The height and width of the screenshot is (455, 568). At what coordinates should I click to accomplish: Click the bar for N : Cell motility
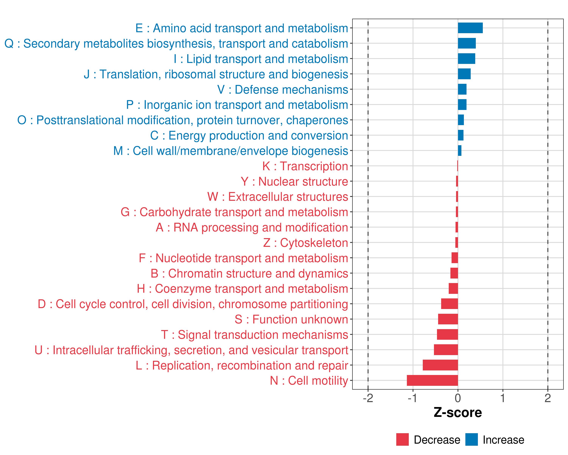point(432,380)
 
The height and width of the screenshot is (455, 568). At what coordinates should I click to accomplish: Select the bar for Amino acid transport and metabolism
point(470,28)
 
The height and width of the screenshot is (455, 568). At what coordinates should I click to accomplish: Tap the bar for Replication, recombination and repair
point(440,365)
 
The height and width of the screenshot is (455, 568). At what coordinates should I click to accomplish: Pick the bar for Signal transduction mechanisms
point(447,334)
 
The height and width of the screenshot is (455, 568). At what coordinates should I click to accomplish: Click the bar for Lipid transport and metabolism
point(467,59)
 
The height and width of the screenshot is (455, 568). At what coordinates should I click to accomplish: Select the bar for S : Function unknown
point(448,319)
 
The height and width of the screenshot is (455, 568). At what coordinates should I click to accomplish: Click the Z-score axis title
point(458,413)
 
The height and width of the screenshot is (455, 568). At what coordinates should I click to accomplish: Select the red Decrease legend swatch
point(402,439)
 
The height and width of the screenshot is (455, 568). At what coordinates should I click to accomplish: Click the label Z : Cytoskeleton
point(306,243)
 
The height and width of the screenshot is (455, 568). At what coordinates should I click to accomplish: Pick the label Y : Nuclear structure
point(294,181)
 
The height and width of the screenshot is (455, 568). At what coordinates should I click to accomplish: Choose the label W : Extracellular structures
point(278,197)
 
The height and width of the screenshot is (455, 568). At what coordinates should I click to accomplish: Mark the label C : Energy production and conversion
point(249,136)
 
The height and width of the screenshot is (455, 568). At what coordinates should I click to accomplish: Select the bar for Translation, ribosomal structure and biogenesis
point(464,74)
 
